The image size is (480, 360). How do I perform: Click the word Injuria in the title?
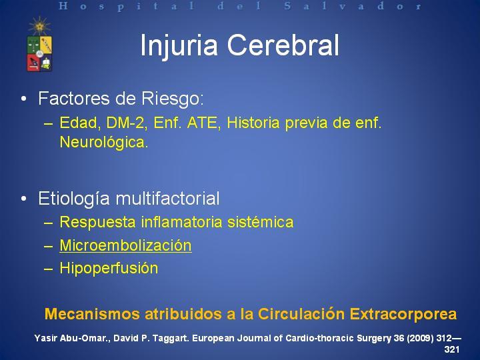click(179, 46)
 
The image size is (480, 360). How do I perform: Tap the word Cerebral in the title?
click(283, 45)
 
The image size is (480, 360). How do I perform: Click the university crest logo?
click(39, 53)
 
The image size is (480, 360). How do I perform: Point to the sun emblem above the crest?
click(39, 26)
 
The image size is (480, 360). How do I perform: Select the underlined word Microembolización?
click(125, 245)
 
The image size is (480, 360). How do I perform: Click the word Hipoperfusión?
click(109, 269)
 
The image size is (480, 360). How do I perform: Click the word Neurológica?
click(104, 142)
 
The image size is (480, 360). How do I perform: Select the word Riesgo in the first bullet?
click(173, 99)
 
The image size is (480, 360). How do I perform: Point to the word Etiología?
click(74, 199)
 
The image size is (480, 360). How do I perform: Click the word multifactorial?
click(168, 198)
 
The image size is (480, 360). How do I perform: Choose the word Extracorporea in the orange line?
click(403, 314)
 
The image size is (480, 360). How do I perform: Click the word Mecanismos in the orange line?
click(93, 314)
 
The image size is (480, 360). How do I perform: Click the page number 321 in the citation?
click(452, 349)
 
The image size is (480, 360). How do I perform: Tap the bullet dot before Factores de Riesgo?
click(24, 99)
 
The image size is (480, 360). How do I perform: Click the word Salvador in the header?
click(353, 6)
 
